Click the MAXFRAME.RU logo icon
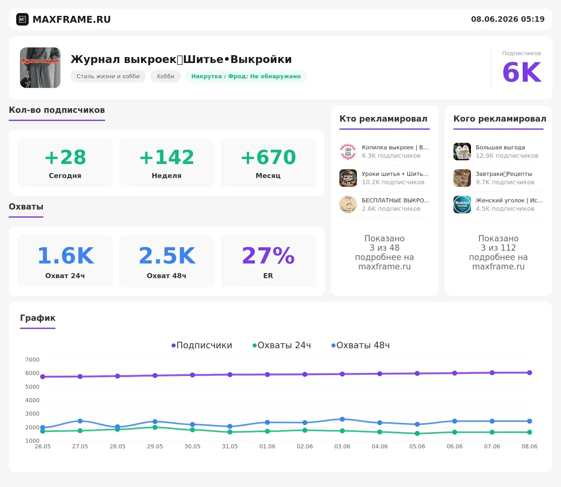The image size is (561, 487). point(22,19)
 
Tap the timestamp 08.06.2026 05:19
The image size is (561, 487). point(508,19)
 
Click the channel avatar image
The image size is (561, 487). point(40,68)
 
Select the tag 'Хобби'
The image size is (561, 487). point(165,76)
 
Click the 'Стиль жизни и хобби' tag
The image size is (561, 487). point(108,76)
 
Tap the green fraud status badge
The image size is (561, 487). point(246,76)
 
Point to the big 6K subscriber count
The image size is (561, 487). point(522,72)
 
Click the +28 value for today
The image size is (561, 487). point(65,157)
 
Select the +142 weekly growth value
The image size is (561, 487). point(167,157)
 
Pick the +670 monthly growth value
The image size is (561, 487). point(268,157)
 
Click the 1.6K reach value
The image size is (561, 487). point(65,256)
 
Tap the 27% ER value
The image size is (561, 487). point(268,256)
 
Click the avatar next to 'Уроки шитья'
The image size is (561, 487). point(348,178)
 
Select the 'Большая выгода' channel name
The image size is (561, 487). point(500,147)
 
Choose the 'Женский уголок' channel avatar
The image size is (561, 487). point(462,205)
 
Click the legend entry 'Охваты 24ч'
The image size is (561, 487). point(282,345)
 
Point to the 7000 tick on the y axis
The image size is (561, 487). point(32,360)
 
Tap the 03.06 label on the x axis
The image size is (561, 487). point(342,446)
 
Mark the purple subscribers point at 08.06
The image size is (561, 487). point(530,373)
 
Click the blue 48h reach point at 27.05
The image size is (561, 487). point(80,421)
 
